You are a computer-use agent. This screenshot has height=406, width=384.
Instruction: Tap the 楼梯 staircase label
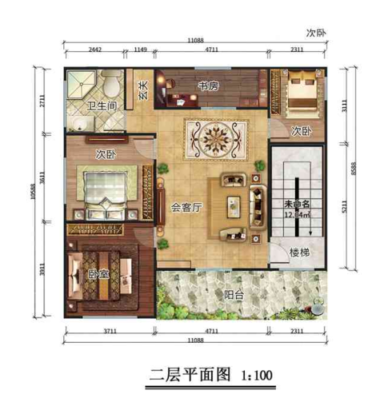(x=300, y=253)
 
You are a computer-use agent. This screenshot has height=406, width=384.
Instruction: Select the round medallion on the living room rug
(x=212, y=137)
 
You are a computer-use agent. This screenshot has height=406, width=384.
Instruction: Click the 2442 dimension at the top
(x=94, y=50)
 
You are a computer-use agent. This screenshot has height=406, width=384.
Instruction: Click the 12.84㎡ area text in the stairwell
(x=298, y=214)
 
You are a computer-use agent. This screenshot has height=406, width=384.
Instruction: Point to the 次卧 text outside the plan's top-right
(x=320, y=34)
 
